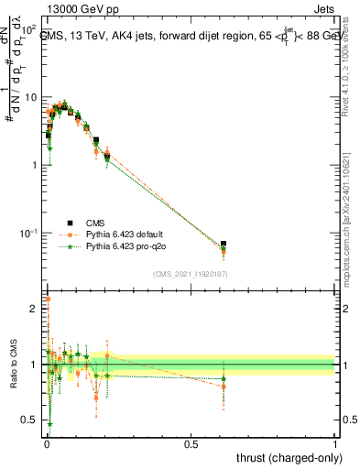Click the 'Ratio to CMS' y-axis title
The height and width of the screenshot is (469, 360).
12,366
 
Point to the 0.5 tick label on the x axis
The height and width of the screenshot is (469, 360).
191,443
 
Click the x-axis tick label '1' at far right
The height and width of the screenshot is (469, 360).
335,443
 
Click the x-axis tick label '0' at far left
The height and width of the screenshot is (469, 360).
46,443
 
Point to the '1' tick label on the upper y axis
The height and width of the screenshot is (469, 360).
35,165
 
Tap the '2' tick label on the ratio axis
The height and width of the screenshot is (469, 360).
35,309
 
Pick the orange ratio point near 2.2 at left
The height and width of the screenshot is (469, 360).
48,299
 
